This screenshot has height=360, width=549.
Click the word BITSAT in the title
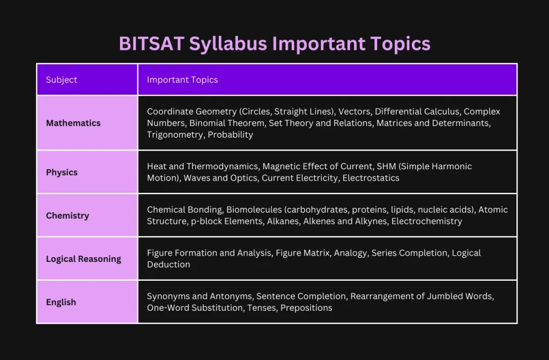(x=151, y=43)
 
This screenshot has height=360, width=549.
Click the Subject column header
(x=62, y=80)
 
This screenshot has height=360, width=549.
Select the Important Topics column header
(x=182, y=80)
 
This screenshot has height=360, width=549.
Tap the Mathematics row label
(x=73, y=123)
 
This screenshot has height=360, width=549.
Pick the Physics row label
(x=62, y=172)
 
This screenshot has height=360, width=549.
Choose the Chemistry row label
(x=68, y=216)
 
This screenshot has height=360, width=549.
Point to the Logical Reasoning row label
(x=84, y=259)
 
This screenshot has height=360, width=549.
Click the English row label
(x=61, y=302)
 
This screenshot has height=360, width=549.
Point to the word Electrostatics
(x=373, y=178)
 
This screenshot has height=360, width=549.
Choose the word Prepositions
(x=306, y=308)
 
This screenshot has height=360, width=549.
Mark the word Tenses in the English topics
(x=261, y=308)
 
